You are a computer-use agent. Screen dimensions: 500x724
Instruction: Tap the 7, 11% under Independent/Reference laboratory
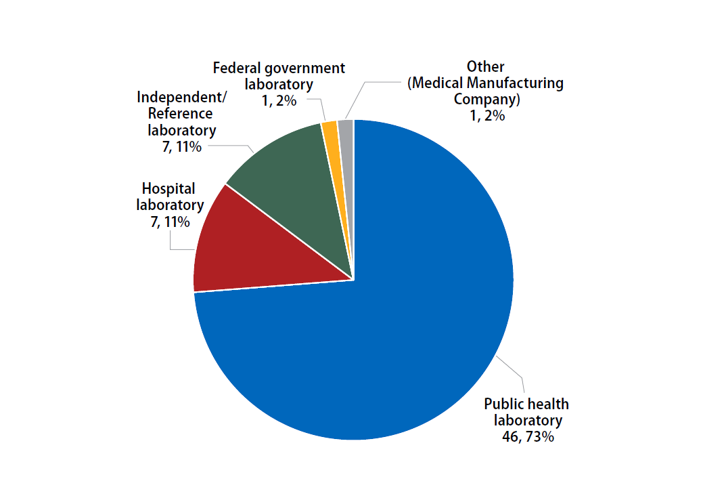(181, 146)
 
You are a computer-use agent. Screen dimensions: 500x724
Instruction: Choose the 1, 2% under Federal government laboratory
(279, 101)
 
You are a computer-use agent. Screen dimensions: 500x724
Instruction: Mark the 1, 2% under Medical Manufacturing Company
(485, 115)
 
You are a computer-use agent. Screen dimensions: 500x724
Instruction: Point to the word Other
(485, 67)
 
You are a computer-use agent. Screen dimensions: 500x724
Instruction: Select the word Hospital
(168, 188)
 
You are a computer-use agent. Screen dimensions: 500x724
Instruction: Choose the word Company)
(486, 99)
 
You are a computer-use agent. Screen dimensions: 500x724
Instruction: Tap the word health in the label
(548, 404)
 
